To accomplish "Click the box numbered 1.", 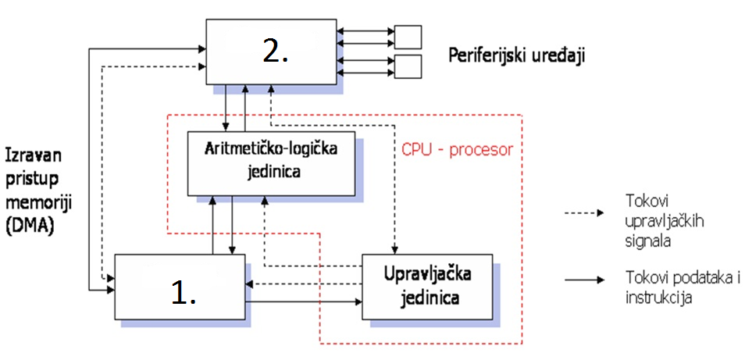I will [x=180, y=288].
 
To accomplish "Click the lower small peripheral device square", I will [x=408, y=66].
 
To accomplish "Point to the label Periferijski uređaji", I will [x=517, y=55].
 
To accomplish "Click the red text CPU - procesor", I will [x=457, y=149].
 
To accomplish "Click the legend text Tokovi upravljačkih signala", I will [x=653, y=219].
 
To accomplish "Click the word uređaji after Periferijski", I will [x=558, y=55].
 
